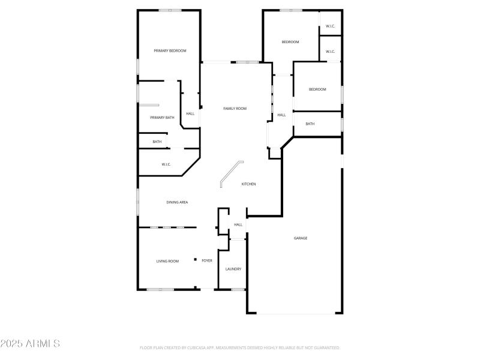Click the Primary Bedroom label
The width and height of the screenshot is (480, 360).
click(170, 51)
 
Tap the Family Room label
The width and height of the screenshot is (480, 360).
click(235, 109)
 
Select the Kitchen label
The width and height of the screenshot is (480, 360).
click(249, 184)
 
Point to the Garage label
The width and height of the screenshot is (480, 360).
click(301, 238)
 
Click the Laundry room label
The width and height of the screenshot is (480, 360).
click(233, 269)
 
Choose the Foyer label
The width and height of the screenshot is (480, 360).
click(207, 261)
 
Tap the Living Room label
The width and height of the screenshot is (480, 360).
click(168, 261)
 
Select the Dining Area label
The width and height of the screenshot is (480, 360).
click(177, 202)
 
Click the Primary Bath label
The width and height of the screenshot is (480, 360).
click(162, 118)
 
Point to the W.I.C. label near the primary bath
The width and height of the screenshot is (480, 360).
click(166, 164)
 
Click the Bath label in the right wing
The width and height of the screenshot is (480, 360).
click(310, 124)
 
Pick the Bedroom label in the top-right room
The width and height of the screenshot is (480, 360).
click(291, 42)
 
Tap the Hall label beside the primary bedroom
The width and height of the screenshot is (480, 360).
click(190, 113)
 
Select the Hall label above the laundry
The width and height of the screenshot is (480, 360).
click(238, 224)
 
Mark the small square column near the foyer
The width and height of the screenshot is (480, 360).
click(195, 260)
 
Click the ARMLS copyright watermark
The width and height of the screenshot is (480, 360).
click(30, 344)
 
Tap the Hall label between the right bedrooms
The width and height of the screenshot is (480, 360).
click(281, 115)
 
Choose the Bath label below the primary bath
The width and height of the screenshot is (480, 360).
click(157, 142)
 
